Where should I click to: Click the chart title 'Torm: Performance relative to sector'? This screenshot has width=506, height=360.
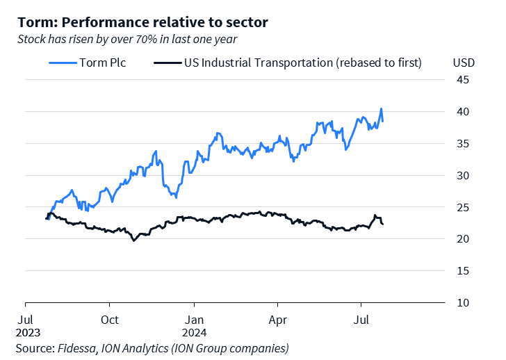(x=142, y=22)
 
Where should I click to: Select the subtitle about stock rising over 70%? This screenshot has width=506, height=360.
(x=127, y=39)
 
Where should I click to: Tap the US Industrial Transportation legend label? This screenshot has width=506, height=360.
(x=302, y=63)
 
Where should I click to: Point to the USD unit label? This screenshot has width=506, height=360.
(x=464, y=63)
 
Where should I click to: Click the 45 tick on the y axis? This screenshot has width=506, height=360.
(x=462, y=80)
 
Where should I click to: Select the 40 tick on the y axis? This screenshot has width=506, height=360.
(x=462, y=112)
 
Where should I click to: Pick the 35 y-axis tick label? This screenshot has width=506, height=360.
(x=462, y=144)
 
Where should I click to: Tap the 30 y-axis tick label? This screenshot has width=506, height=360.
(x=462, y=176)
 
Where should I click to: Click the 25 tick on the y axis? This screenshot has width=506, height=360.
(x=462, y=208)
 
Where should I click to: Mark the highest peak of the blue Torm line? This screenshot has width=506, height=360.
(x=381, y=109)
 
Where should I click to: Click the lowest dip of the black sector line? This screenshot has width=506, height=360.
(x=133, y=240)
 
